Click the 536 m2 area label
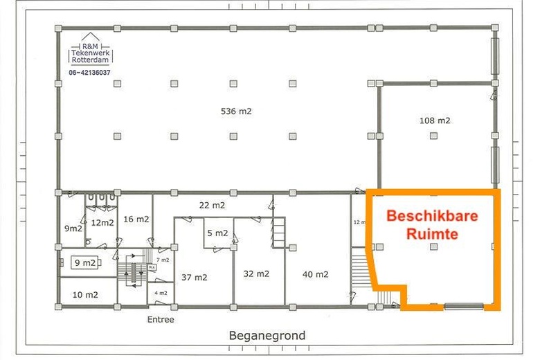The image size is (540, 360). click(x=236, y=111)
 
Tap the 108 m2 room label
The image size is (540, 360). click(x=435, y=120)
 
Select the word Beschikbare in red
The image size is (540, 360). click(x=432, y=216)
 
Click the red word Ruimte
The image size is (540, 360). click(x=432, y=234)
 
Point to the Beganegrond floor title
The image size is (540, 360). click(x=267, y=336)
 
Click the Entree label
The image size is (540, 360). click(x=161, y=320)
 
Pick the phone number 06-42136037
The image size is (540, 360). click(x=91, y=72)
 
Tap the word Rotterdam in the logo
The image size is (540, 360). click(x=91, y=60)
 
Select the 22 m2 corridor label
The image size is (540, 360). click(x=211, y=205)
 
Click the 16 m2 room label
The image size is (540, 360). click(x=136, y=219)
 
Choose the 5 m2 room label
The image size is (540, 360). click(x=217, y=233)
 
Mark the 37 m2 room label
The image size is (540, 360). click(x=195, y=277)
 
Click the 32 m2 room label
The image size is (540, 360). click(x=256, y=273)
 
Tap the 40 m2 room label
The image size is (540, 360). click(x=315, y=274)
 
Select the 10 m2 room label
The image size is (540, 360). click(x=85, y=294)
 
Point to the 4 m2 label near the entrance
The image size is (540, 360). click(x=161, y=293)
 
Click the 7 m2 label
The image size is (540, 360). click(x=162, y=259)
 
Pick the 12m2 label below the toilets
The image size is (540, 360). click(x=102, y=222)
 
